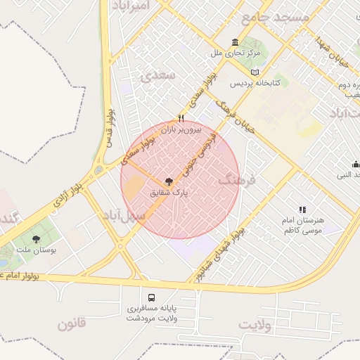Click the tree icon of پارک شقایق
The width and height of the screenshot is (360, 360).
point(167,181)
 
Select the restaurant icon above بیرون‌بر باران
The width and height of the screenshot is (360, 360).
point(181,118)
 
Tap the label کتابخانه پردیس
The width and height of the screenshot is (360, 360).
point(258,82)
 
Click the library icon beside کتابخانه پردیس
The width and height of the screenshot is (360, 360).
point(254,72)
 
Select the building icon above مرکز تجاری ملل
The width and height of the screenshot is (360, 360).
point(234,42)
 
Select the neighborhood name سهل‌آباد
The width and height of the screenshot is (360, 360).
point(122,214)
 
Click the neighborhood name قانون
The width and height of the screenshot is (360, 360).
point(71,324)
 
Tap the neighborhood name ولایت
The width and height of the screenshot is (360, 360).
point(255,325)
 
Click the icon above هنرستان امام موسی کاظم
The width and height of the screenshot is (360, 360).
point(302,210)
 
